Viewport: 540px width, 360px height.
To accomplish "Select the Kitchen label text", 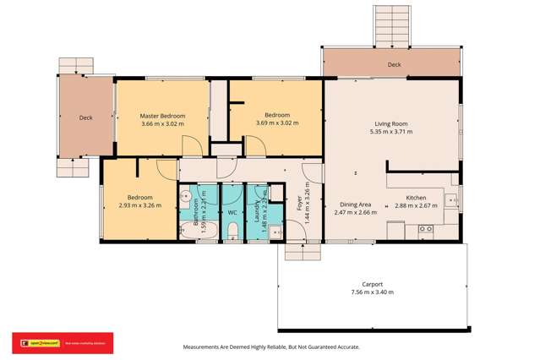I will coord(416,197).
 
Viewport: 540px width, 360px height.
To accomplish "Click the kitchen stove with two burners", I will coord(426,228).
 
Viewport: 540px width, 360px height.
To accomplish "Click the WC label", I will coord(232,213).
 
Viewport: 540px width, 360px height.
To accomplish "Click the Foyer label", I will coord(299,203).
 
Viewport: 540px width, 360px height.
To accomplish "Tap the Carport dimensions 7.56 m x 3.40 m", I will coord(373,292).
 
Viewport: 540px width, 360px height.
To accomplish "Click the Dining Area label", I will coord(355,204).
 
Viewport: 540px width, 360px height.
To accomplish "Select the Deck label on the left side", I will coord(85,118).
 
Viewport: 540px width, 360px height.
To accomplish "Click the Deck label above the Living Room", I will coord(394,64).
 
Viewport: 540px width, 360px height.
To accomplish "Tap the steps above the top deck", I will coord(391,25).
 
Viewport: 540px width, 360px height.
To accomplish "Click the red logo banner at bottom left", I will coord(62,342).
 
